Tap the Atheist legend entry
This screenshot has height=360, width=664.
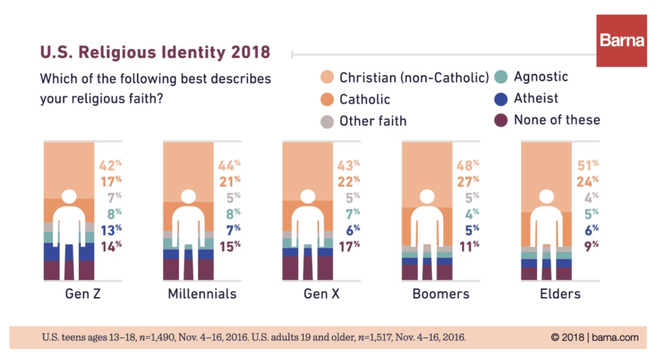pos(536,99)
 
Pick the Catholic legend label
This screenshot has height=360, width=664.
pos(364,99)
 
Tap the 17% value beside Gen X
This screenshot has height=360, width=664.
pos(348,245)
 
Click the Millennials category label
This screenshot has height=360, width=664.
pos(202,294)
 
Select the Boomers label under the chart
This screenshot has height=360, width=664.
pos(440,294)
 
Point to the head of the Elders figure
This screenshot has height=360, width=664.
pos(546,197)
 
